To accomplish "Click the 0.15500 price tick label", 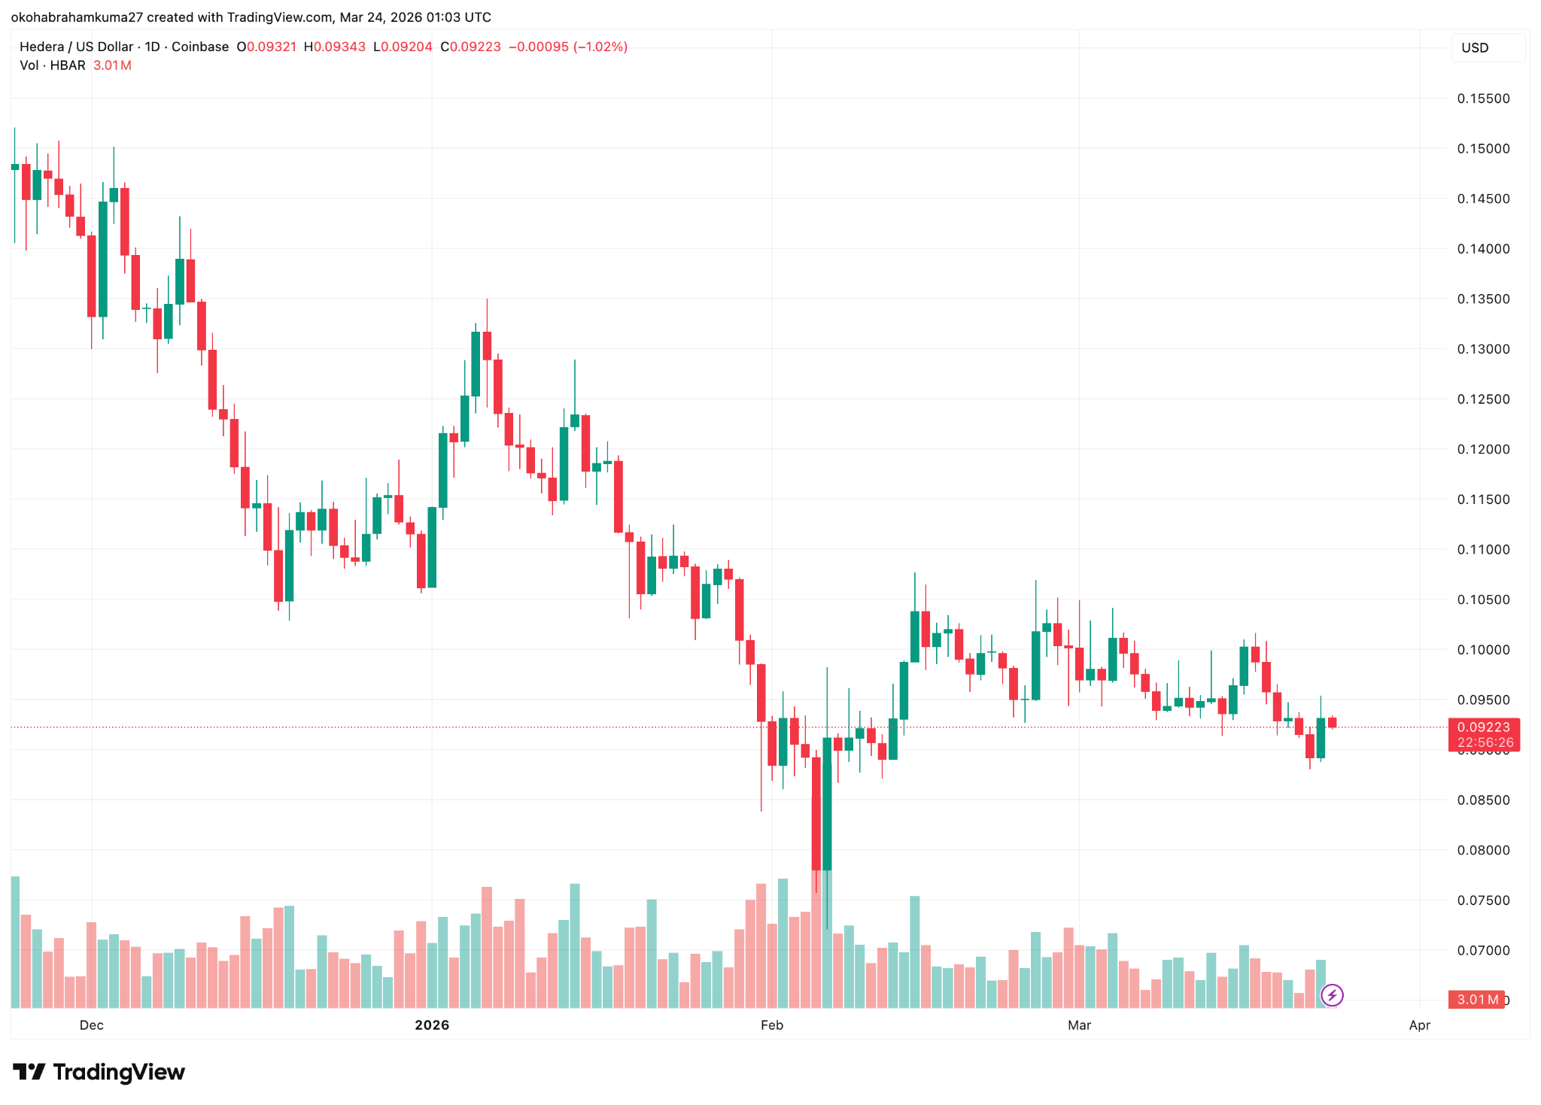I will [x=1483, y=99].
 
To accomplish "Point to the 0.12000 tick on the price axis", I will [x=1483, y=449].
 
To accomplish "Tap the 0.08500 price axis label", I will [x=1483, y=800].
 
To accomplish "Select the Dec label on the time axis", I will [x=91, y=1025].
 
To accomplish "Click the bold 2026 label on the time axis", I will [x=432, y=1025].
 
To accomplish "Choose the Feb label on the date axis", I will [x=772, y=1025].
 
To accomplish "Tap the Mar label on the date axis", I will [x=1079, y=1025].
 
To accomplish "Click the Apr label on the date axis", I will [x=1419, y=1025].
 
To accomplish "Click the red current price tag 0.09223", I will [x=1483, y=727].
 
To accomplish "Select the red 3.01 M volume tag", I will [x=1476, y=1000].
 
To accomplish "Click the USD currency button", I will [x=1475, y=48].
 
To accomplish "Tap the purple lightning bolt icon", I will [x=1332, y=996].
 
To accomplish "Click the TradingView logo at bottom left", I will [x=99, y=1072].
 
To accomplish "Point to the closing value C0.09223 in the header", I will [x=470, y=47].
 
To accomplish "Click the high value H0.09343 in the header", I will [x=335, y=47].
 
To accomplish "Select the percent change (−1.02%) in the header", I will [x=600, y=47].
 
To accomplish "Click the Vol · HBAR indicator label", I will [x=53, y=65].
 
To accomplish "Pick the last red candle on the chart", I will [x=1332, y=723].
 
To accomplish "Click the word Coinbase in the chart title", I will [x=200, y=47].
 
